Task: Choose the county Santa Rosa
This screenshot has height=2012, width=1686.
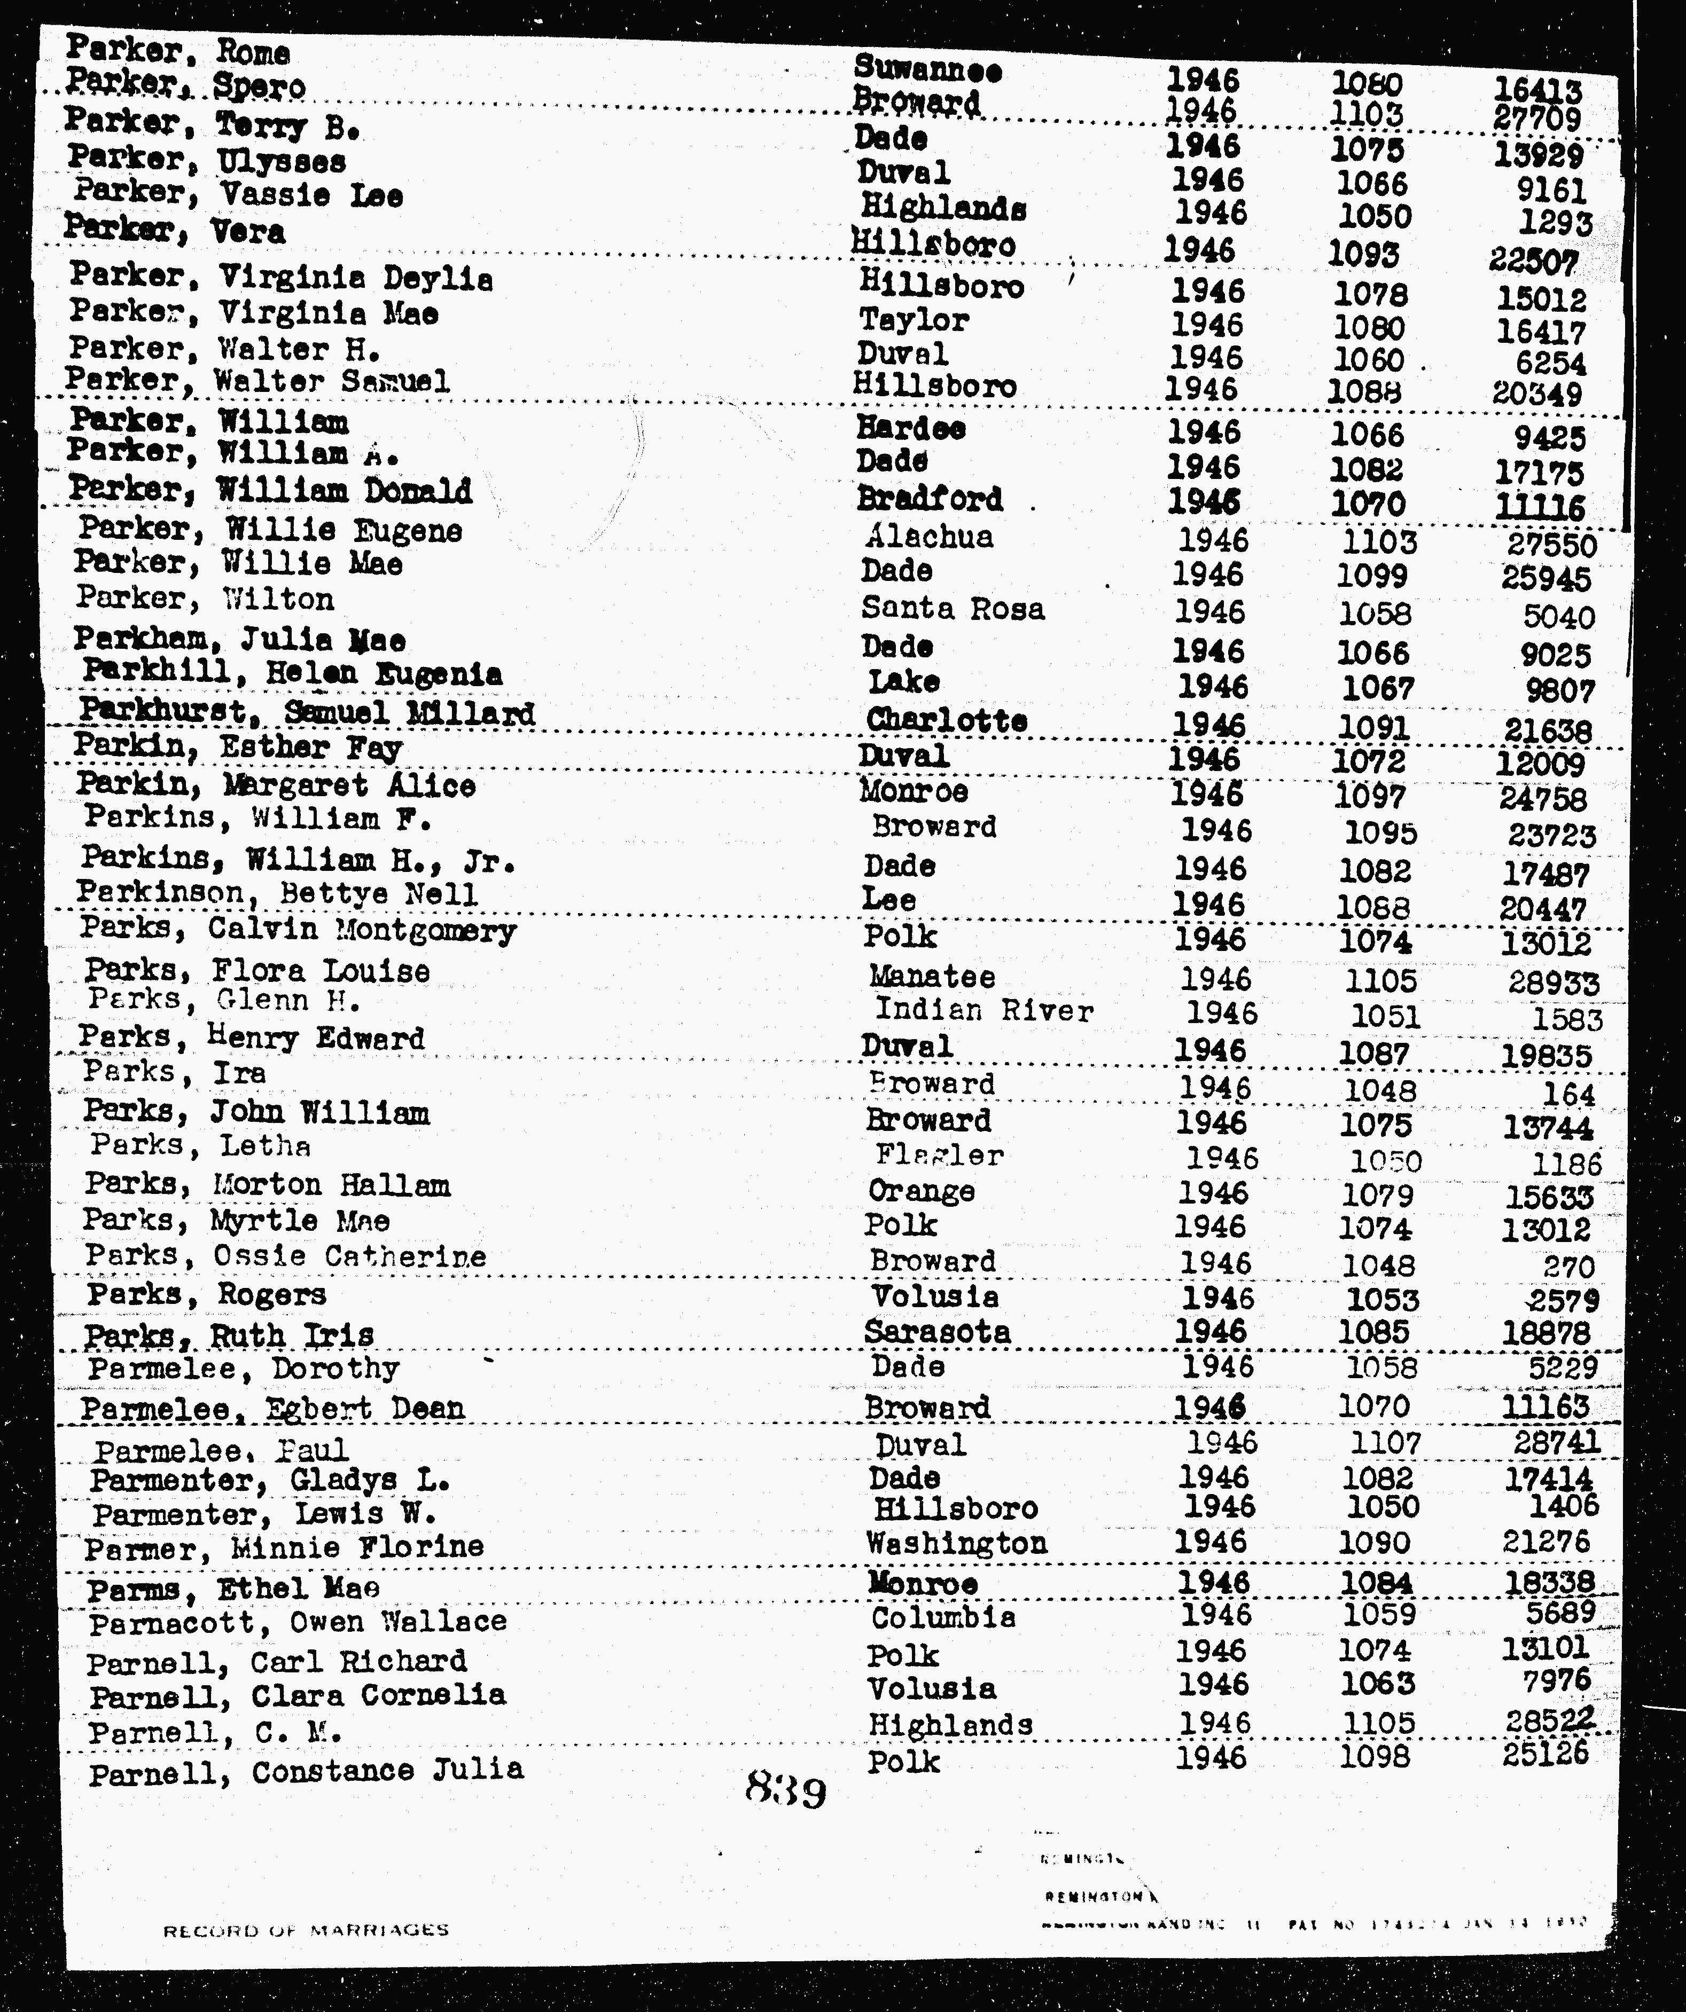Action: coord(952,608)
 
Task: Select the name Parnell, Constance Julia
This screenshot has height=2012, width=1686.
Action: coord(306,1771)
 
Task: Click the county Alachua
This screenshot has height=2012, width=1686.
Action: coord(929,537)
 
